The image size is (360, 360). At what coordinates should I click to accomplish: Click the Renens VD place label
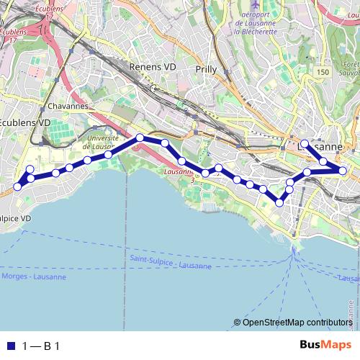[153, 66]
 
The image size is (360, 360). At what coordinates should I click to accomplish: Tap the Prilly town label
[206, 69]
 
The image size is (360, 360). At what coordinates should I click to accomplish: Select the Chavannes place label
[68, 106]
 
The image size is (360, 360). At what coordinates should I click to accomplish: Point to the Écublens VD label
[24, 123]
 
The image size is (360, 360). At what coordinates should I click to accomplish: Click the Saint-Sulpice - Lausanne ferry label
[171, 261]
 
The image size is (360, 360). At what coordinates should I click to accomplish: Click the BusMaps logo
[320, 346]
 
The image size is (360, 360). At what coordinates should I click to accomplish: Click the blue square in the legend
[11, 346]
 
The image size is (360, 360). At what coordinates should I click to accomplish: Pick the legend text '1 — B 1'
[40, 346]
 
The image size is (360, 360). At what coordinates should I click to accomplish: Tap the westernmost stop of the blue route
[16, 187]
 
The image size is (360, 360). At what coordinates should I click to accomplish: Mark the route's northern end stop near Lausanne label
[305, 144]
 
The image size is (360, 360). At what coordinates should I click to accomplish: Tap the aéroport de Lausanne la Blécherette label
[256, 22]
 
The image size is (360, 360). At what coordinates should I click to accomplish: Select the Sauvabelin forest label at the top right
[348, 68]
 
